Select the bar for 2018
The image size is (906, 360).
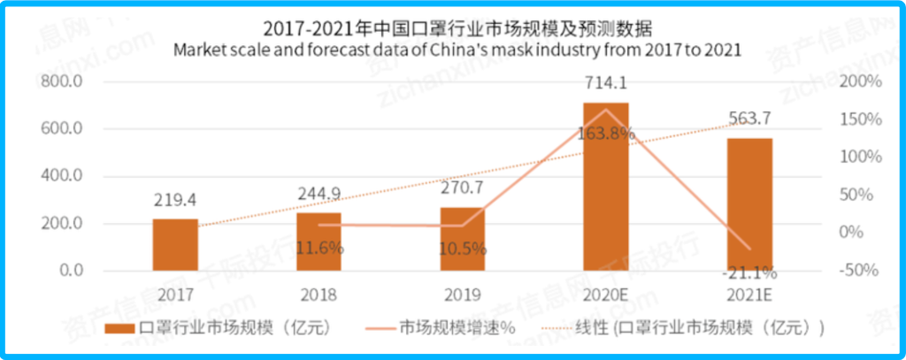(319, 241)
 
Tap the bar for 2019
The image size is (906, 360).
(463, 238)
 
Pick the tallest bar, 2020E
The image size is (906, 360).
(606, 186)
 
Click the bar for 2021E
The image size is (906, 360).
(750, 203)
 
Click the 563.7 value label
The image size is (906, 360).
(749, 119)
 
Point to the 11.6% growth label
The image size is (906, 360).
(319, 249)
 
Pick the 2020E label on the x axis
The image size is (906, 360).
(606, 294)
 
